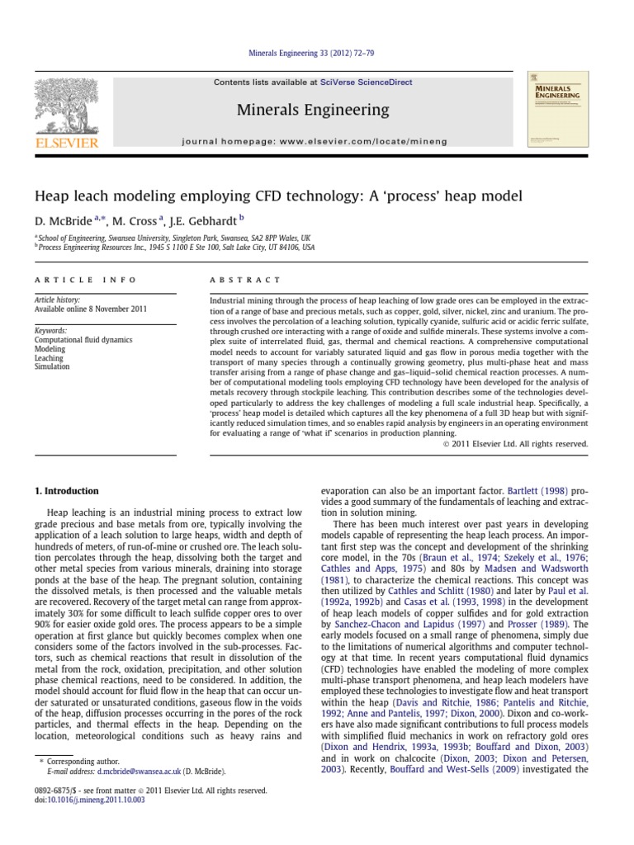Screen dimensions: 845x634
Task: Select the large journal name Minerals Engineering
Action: (312, 110)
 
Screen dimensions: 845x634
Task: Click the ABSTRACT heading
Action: (245, 280)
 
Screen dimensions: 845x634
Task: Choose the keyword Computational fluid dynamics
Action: (83, 339)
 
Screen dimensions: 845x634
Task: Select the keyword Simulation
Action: (51, 366)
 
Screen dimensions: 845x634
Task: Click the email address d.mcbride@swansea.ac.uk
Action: (138, 771)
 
